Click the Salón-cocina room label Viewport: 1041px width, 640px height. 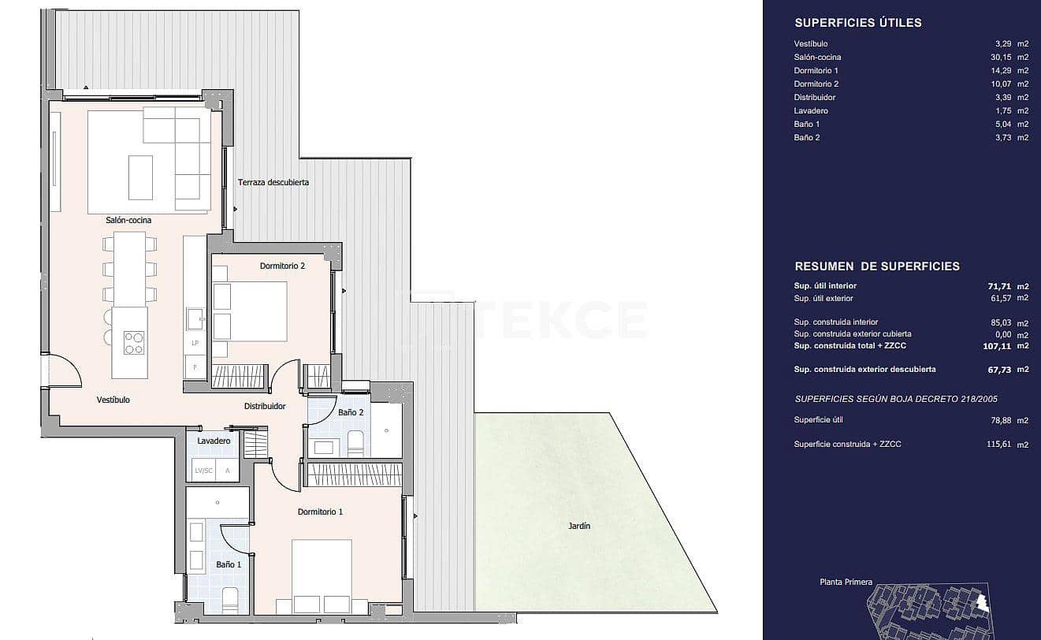128,220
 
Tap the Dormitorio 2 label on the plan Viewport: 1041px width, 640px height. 282,266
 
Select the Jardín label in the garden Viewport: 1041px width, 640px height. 579,526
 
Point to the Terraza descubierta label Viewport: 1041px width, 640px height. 273,183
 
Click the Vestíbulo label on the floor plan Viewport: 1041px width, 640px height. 113,400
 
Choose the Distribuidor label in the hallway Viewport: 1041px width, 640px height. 264,407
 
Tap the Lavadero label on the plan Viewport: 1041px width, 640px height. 214,441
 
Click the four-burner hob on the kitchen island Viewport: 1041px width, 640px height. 134,342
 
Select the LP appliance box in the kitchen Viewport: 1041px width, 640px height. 195,344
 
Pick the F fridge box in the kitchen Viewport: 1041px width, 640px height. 195,368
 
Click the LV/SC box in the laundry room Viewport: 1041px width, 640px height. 203,471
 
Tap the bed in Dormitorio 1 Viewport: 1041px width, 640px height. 322,575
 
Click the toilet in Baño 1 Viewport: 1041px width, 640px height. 229,601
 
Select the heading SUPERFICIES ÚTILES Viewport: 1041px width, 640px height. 858,23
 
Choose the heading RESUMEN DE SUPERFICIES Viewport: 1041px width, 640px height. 877,266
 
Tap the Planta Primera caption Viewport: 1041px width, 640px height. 845,582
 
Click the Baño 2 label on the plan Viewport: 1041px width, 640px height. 351,412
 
